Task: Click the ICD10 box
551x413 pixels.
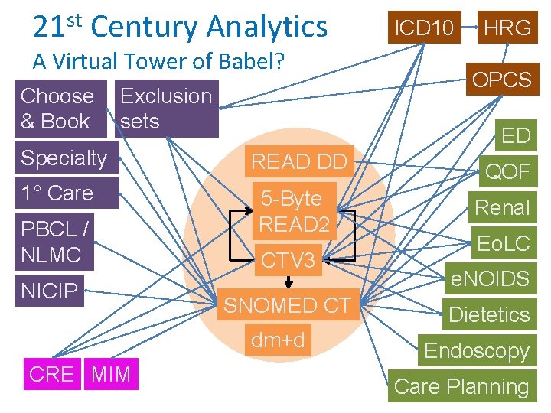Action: pyautogui.click(x=423, y=28)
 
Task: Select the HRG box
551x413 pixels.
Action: pyautogui.click(x=507, y=28)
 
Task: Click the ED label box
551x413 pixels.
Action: pyautogui.click(x=515, y=135)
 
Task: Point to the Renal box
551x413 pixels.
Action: pyautogui.click(x=502, y=207)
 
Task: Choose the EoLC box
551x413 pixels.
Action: pyautogui.click(x=503, y=243)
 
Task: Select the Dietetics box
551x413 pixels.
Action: pyautogui.click(x=489, y=314)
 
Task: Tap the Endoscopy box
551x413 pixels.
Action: pyautogui.click(x=476, y=350)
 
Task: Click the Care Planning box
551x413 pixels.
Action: pyautogui.click(x=461, y=386)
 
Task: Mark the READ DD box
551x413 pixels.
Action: pyautogui.click(x=299, y=161)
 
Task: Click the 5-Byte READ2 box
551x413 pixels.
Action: pyautogui.click(x=294, y=211)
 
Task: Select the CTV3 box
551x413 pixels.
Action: pyautogui.click(x=288, y=261)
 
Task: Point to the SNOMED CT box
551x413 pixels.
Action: pyautogui.click(x=287, y=305)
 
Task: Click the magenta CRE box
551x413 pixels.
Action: pyautogui.click(x=51, y=374)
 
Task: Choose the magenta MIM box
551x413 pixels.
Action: pyautogui.click(x=111, y=374)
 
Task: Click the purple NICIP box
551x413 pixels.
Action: pyautogui.click(x=50, y=291)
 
